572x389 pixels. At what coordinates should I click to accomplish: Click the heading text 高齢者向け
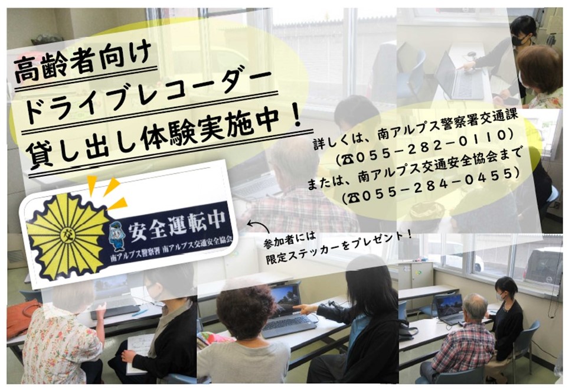point(83,63)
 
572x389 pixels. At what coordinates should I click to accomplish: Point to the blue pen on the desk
point(140,313)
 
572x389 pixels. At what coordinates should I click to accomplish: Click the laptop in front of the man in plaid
point(450,309)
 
